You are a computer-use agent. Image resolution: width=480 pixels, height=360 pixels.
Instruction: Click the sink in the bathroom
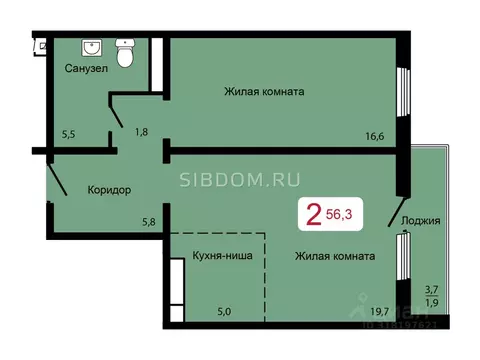click(91, 48)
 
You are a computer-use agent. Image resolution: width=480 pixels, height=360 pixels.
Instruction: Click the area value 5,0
click(223, 311)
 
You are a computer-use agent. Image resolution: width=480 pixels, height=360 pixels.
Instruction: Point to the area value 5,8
click(148, 222)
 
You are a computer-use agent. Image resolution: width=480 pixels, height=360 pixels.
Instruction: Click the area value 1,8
click(142, 131)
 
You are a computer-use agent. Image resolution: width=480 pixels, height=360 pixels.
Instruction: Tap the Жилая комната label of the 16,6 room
click(263, 91)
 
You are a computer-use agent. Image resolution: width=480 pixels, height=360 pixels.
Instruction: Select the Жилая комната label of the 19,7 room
click(335, 256)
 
